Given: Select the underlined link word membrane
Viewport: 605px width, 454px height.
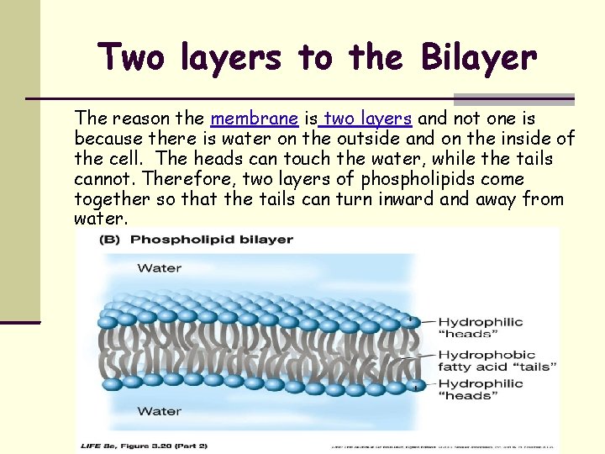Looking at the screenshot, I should tap(255, 119).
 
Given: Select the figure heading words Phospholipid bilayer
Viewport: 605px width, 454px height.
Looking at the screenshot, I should tap(212, 240).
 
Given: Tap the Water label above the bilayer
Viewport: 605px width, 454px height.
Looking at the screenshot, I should tap(159, 268).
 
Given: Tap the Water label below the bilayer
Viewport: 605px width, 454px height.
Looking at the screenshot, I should tap(159, 411).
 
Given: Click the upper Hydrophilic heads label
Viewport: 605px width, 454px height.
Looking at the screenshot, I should tap(480, 328).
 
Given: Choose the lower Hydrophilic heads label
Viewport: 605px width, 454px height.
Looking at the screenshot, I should tap(480, 390).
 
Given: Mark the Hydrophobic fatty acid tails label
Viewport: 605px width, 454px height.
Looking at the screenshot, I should tap(497, 361).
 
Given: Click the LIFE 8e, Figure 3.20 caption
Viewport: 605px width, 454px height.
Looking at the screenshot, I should tap(143, 445).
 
